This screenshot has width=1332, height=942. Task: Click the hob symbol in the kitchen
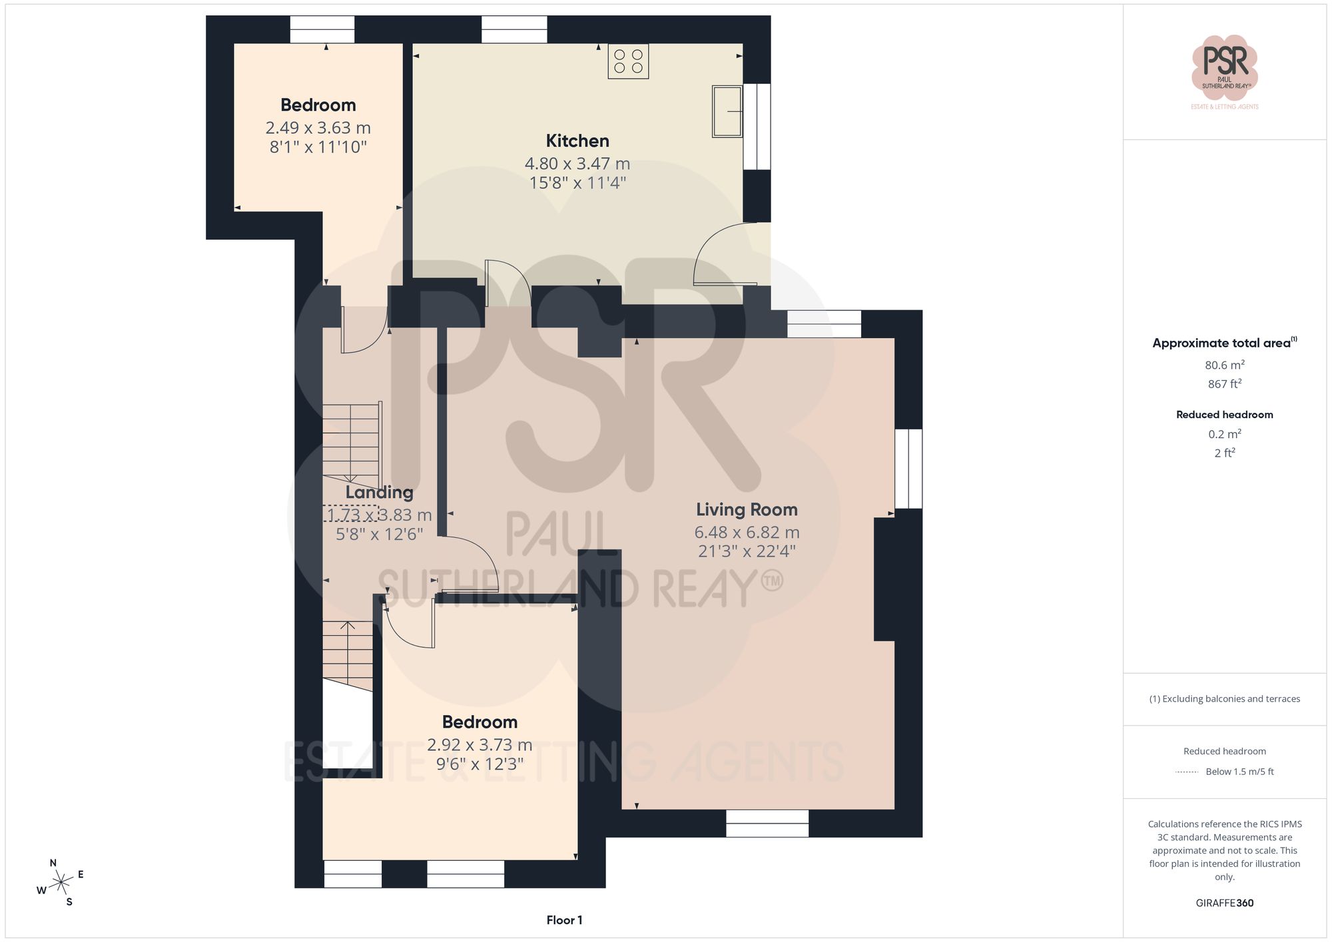(x=628, y=61)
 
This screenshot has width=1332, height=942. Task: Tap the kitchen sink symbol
(x=727, y=111)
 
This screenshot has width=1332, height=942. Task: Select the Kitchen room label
(x=577, y=141)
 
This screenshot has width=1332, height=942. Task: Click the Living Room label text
(x=747, y=510)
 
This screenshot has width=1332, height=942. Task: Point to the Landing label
(x=379, y=493)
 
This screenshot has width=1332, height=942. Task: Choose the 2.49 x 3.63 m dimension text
(x=318, y=128)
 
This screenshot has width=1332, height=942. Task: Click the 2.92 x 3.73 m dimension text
(x=480, y=745)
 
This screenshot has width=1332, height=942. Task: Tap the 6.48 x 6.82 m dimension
(x=747, y=533)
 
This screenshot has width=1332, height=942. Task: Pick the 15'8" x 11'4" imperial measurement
(x=577, y=183)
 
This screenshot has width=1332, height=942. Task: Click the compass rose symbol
(x=61, y=883)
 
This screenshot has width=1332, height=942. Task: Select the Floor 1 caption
(x=564, y=920)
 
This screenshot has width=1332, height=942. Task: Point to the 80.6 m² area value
(x=1224, y=365)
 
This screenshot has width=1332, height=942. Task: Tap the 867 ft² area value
(x=1224, y=384)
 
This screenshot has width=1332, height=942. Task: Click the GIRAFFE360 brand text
(x=1224, y=903)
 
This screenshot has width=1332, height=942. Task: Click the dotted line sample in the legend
(x=1186, y=772)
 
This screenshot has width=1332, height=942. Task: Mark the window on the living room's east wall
(x=908, y=469)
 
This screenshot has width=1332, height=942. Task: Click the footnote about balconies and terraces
(x=1224, y=699)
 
